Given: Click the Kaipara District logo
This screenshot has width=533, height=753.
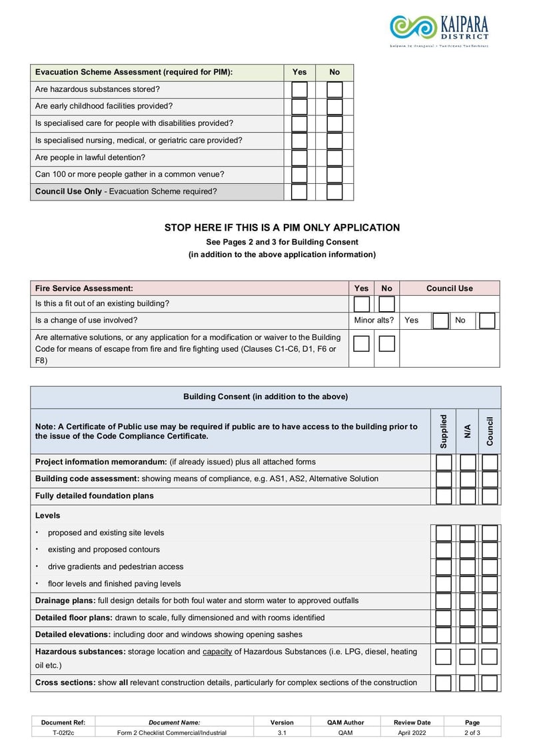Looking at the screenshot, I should (x=439, y=30).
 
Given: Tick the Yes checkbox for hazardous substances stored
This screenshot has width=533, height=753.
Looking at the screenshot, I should (x=299, y=89).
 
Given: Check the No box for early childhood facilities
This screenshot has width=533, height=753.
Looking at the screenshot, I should (x=334, y=107).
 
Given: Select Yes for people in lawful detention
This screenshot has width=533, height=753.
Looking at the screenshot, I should (x=299, y=158).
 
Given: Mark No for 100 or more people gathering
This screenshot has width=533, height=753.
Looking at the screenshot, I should (x=334, y=175).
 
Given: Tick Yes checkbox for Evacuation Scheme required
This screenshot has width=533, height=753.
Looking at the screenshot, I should (x=299, y=192).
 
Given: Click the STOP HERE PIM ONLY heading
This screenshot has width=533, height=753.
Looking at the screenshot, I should (x=282, y=228).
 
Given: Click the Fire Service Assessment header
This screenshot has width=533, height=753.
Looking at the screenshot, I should (x=84, y=289).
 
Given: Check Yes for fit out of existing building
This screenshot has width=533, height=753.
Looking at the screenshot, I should (x=361, y=305).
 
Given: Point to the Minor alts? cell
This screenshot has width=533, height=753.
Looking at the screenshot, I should (x=374, y=321).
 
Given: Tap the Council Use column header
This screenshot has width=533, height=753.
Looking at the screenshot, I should (x=449, y=289).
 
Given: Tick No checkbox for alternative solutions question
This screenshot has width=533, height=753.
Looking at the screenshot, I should (x=386, y=344).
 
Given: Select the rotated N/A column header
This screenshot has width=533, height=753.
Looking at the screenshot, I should (x=467, y=430).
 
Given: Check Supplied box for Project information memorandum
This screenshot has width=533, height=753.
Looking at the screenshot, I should (x=444, y=462).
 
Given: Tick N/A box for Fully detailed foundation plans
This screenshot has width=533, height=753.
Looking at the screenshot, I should (x=467, y=496).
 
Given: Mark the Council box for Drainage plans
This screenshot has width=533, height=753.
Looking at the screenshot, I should (x=490, y=601).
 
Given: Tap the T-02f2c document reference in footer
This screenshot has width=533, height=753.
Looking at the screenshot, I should (x=63, y=733).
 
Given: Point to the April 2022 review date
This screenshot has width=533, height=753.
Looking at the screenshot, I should (x=412, y=733).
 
